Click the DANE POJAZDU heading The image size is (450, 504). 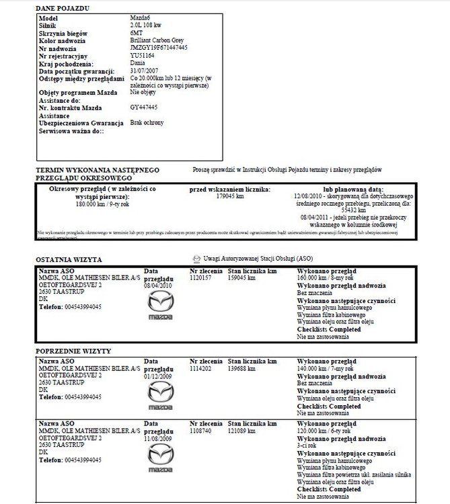coord(63,7)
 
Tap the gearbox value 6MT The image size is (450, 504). coord(137,32)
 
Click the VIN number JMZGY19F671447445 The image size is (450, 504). coord(159,48)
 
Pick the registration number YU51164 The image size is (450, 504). coord(143,56)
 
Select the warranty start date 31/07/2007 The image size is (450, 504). coord(146,71)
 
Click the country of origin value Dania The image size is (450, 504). coord(139,63)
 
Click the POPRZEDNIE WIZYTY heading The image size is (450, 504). coord(73,351)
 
